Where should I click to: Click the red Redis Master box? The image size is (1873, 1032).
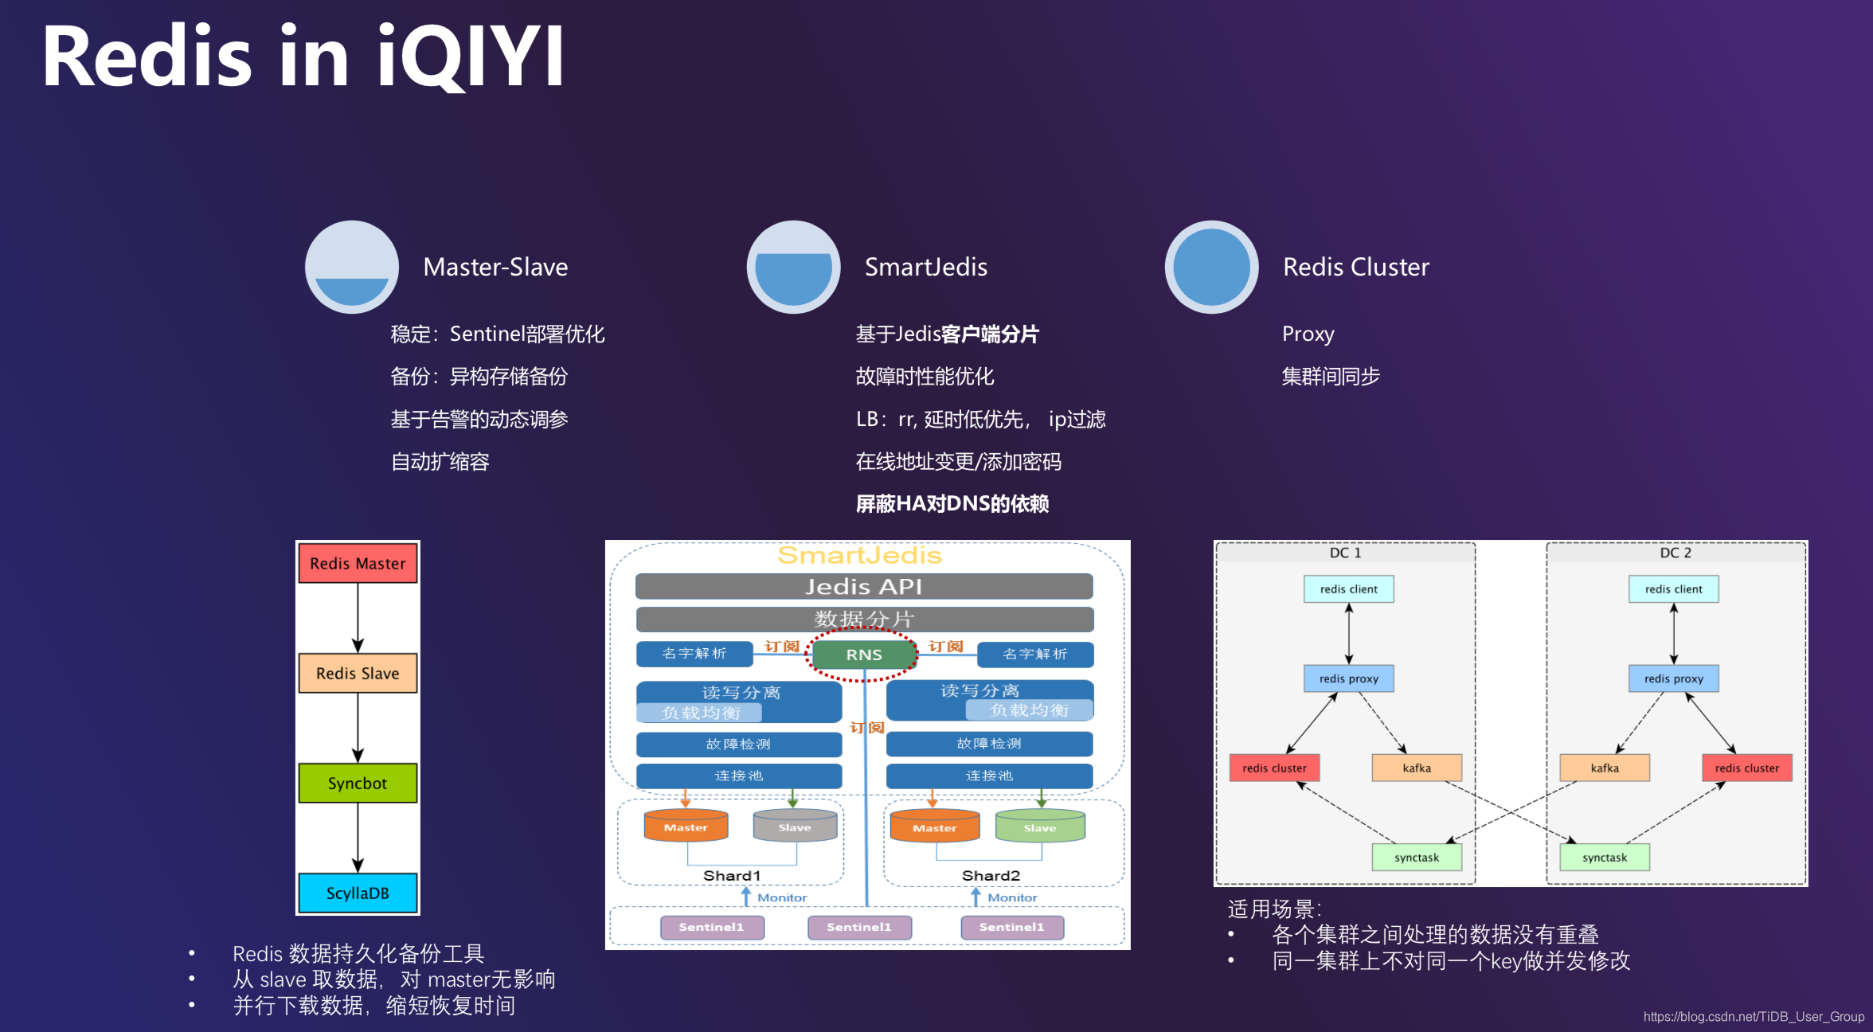coord(358,563)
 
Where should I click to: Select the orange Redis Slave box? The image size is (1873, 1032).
coord(358,673)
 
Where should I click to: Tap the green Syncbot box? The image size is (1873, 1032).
coord(358,783)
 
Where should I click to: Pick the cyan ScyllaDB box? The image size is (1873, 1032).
coord(358,893)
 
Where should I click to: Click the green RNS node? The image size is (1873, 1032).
coord(863,655)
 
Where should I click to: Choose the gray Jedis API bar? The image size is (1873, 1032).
coord(863,587)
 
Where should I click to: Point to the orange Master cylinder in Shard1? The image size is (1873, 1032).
coord(686,827)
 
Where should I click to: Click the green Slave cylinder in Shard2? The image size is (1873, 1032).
coord(1039,827)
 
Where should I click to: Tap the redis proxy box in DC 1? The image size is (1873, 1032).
coord(1348,678)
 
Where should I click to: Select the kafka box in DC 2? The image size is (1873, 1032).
coord(1605,768)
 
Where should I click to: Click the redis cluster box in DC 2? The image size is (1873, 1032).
coord(1746,768)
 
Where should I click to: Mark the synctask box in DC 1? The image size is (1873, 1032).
coord(1416,858)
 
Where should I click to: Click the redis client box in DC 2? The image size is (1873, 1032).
coord(1673,589)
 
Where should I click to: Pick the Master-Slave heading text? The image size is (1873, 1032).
coord(495,267)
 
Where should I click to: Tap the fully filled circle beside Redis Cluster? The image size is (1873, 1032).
coord(1211,267)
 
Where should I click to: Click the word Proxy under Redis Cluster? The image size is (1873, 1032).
coord(1308,334)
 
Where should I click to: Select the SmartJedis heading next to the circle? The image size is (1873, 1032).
coord(925,267)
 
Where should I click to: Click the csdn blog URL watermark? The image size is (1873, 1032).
coord(1753,1017)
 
